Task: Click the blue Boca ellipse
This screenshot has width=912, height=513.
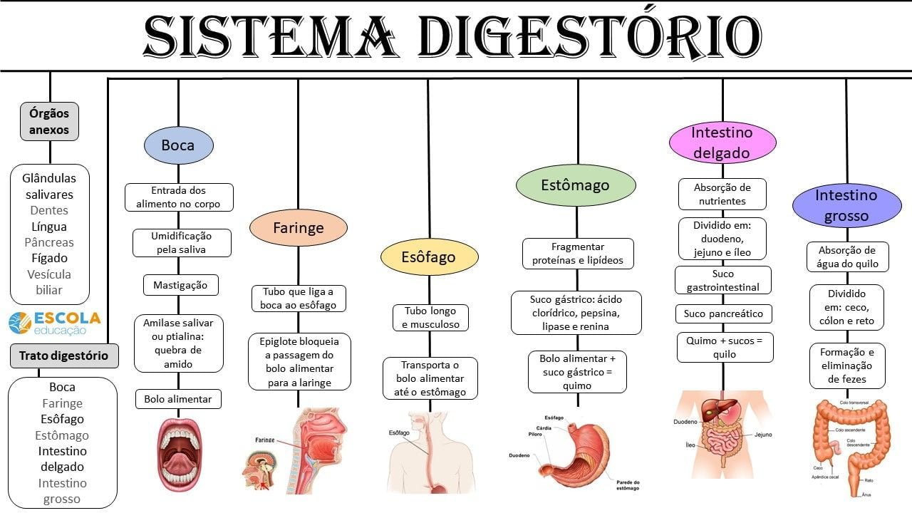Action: tap(178, 145)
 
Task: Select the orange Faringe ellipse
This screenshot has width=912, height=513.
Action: tap(299, 228)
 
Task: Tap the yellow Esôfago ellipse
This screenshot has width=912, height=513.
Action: tap(429, 257)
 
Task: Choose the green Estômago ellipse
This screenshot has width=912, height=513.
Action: tap(575, 185)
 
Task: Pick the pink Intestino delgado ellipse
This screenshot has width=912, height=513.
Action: tap(722, 142)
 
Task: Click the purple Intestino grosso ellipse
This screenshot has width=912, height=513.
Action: tap(846, 205)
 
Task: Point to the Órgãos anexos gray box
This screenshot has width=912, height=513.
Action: tap(50, 121)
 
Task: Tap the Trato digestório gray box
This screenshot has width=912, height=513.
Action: tap(63, 356)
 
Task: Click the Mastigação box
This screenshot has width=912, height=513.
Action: tap(180, 285)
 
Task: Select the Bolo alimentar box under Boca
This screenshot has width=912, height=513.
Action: tap(178, 399)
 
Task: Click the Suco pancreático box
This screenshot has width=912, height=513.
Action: tap(723, 313)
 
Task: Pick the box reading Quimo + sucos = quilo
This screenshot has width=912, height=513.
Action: tap(725, 347)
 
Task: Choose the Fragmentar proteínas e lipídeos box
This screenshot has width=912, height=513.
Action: tap(578, 253)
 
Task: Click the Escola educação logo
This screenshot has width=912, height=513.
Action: tap(54, 323)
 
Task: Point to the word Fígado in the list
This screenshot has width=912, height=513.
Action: tap(49, 258)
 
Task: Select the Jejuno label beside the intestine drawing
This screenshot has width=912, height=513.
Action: tap(762, 435)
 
